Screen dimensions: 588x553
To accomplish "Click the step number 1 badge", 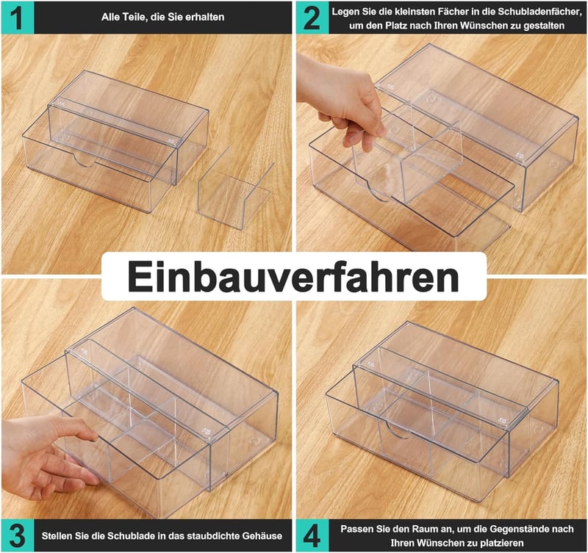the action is click(x=17, y=17).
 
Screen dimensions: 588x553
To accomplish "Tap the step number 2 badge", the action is click(x=312, y=17).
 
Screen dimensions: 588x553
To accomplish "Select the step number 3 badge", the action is click(x=17, y=535).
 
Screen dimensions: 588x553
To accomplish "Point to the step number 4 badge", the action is click(x=312, y=535).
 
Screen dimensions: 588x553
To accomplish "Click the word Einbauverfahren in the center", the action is click(x=293, y=277).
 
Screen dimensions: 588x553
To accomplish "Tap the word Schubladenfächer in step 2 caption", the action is click(x=539, y=12).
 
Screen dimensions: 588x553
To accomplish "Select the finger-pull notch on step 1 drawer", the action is click(x=84, y=160).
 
